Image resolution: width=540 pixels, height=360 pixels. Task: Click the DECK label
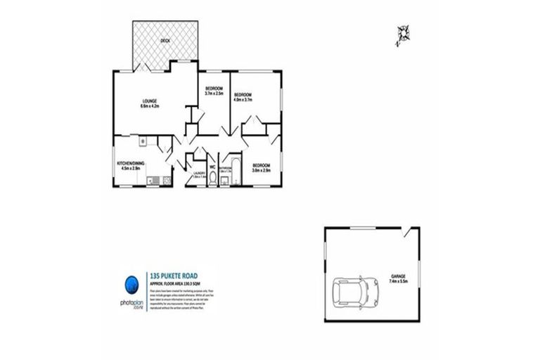(x=165, y=41)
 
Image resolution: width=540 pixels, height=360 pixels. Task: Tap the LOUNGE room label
(x=148, y=100)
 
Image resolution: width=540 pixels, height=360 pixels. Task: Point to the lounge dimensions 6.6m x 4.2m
(x=150, y=107)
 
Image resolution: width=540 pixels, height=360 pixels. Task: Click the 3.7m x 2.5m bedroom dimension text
(x=214, y=94)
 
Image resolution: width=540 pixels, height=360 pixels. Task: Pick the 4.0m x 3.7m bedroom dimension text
(x=243, y=100)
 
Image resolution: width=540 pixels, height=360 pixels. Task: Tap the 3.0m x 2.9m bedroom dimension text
(x=262, y=170)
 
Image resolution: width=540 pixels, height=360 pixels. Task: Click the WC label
(x=212, y=167)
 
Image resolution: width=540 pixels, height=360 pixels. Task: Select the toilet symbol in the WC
(x=212, y=179)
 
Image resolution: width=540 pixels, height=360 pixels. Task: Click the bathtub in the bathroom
(x=237, y=171)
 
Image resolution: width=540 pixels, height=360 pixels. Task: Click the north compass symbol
(x=403, y=34)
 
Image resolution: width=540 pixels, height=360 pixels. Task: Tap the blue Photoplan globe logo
(x=131, y=283)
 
